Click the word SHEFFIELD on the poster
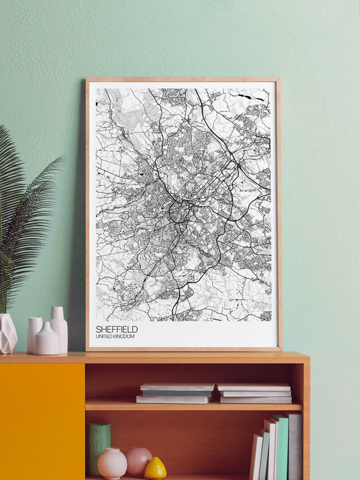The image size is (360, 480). pos(116,329)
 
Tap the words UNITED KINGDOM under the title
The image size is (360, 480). pos(115,337)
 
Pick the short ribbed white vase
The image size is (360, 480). pos(47,339)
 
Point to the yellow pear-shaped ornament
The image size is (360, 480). pos(156,468)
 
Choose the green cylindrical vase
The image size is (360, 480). pos(99,448)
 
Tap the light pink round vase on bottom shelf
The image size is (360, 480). pos(111,463)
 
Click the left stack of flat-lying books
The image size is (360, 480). pos(176,393)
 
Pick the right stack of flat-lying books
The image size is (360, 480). pos(255,393)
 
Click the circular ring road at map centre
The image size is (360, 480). pos(179,212)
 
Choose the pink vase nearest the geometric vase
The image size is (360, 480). pos(33,334)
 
